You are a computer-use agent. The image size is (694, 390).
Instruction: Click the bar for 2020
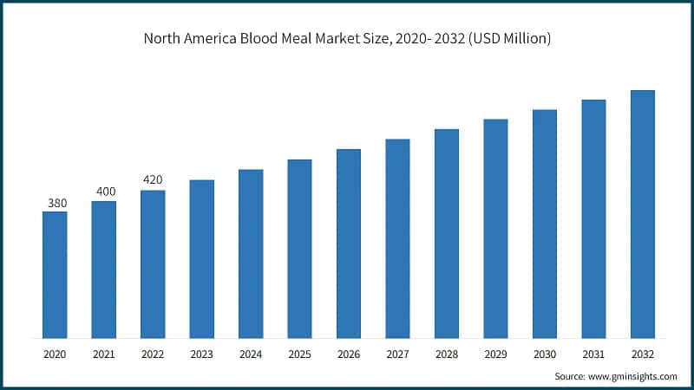click(x=55, y=275)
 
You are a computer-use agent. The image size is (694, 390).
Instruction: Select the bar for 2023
click(x=201, y=259)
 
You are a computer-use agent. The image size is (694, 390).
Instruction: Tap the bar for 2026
click(x=349, y=244)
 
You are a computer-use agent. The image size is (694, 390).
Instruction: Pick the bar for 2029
click(x=495, y=229)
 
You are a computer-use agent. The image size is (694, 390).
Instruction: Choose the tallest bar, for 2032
click(x=642, y=214)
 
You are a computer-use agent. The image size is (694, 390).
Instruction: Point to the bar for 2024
click(x=251, y=254)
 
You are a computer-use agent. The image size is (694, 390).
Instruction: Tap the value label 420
click(x=153, y=180)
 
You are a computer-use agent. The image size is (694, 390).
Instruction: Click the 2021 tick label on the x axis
click(x=104, y=354)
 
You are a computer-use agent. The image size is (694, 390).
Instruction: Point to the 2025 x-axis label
click(x=299, y=354)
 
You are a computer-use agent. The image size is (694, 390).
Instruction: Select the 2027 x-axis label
click(x=397, y=354)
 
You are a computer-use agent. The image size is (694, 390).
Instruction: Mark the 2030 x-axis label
click(x=544, y=354)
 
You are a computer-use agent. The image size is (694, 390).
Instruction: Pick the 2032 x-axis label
click(x=642, y=354)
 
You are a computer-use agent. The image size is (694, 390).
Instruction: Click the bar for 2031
click(x=593, y=219)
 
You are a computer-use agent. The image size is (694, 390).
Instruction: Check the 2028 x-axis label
click(x=446, y=354)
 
